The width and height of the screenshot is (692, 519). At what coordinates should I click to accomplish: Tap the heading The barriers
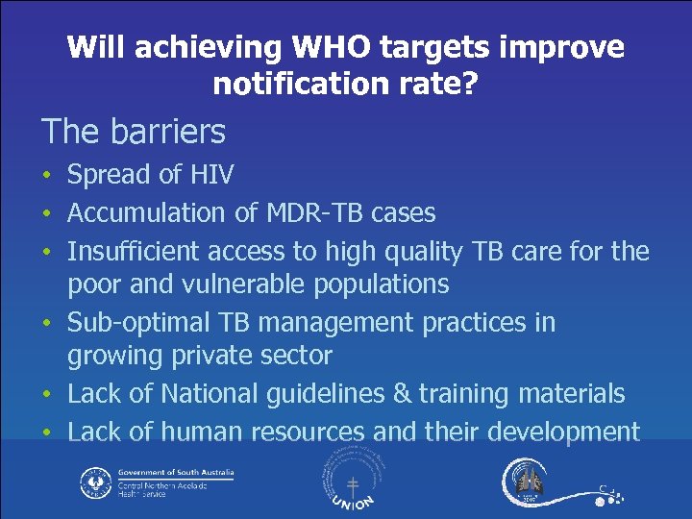[x=134, y=132]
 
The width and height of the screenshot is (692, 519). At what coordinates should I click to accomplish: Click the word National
[x=213, y=394]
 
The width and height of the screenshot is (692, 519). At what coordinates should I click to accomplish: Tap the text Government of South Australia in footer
[x=175, y=472]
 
